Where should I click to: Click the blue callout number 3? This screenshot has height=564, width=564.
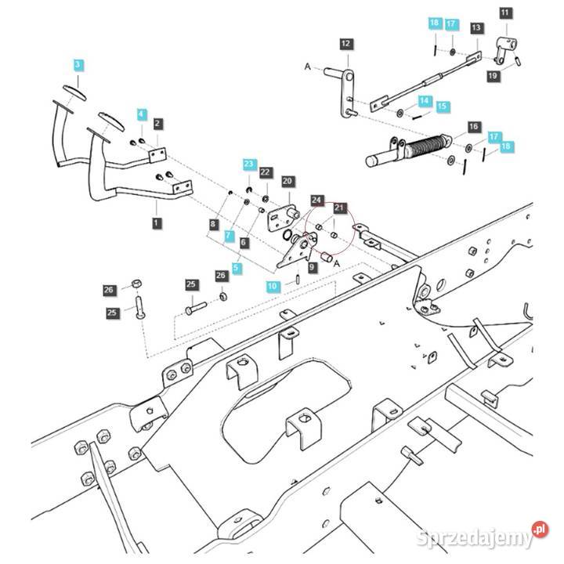coord(78,63)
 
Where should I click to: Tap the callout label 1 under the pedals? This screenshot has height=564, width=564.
coord(157,223)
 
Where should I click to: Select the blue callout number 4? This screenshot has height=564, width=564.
coord(141,114)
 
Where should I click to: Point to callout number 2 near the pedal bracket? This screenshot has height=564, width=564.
coord(157,123)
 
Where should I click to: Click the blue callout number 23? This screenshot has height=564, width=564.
coord(249,164)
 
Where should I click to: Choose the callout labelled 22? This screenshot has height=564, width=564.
coord(265,172)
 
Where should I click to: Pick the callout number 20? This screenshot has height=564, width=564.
coord(287,181)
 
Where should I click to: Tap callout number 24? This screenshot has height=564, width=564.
coord(317,200)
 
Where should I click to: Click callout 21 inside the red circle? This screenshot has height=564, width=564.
coord(339,208)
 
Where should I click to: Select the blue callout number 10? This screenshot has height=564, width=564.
coord(272,287)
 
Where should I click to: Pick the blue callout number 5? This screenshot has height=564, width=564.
coord(237,267)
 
